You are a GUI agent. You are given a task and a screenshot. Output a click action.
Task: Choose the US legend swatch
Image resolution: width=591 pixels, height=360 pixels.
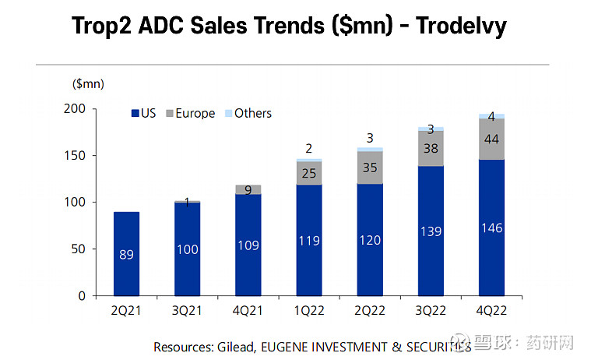(135, 114)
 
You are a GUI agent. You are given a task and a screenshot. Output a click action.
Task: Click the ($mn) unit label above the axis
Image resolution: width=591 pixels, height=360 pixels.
(88, 83)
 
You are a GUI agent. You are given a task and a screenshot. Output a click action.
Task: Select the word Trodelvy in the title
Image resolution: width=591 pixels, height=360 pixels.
(461, 26)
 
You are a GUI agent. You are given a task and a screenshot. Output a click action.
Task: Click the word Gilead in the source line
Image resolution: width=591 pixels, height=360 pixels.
(234, 346)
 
